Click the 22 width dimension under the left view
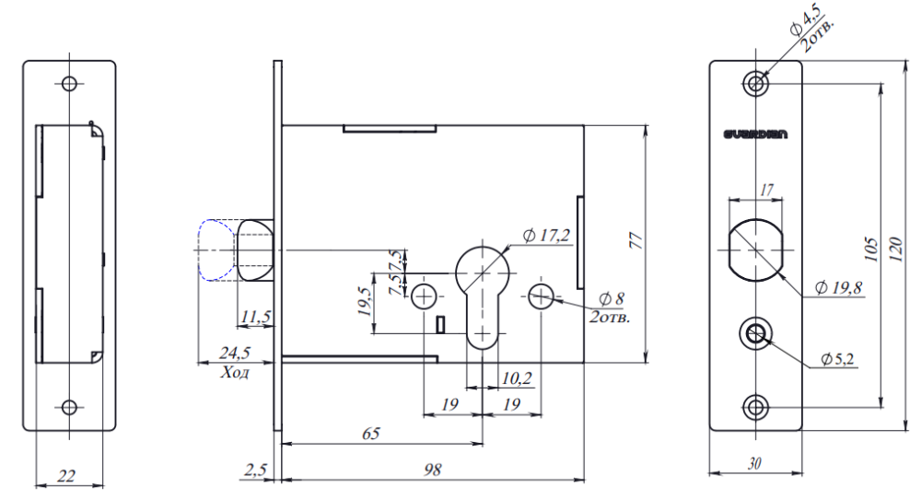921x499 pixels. pos(66,476)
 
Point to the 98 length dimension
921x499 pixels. pos(433,469)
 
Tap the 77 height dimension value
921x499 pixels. pos(635,241)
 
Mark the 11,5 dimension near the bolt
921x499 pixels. pos(254,317)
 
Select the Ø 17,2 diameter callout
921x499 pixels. pos(546,236)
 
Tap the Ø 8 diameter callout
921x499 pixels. pos(611,299)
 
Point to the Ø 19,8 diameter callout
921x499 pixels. pos(837,288)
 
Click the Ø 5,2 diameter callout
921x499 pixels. pos(840,356)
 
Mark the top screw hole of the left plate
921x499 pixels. pos(68,83)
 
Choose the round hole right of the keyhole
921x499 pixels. pos(541,296)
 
